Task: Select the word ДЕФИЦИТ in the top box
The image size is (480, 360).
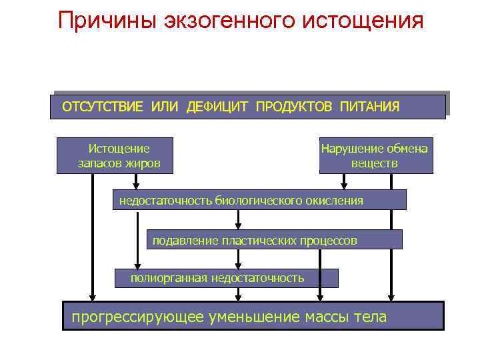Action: [217, 107]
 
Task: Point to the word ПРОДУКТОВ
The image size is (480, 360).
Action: [295, 107]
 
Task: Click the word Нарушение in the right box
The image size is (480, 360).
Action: [351, 149]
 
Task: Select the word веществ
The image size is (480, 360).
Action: [375, 163]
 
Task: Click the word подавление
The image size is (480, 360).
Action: [182, 239]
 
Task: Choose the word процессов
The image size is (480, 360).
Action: [327, 239]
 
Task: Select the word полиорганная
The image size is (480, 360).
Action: [169, 278]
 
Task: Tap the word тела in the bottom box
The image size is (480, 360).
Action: [372, 317]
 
